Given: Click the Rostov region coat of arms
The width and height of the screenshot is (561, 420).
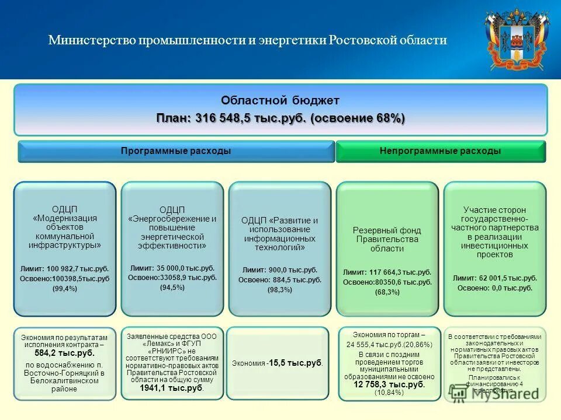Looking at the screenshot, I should (517, 40).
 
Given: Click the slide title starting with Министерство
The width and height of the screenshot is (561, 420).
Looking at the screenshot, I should (247, 40).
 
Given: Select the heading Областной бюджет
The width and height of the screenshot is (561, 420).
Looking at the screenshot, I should (280, 100).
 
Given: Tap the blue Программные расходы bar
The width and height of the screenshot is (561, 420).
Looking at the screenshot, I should (176, 151).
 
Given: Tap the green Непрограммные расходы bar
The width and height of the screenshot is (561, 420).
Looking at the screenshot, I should (440, 151).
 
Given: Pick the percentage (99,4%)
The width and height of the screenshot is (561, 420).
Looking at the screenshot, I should (65, 289).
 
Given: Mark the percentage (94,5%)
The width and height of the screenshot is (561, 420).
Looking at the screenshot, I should (172, 288).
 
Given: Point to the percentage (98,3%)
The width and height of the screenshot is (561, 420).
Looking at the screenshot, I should (280, 290).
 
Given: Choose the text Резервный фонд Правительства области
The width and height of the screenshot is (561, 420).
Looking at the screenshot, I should (387, 239).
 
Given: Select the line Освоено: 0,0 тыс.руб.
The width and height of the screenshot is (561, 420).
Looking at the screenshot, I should (495, 288).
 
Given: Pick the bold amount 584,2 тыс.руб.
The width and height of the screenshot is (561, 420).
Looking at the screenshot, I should (64, 353).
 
